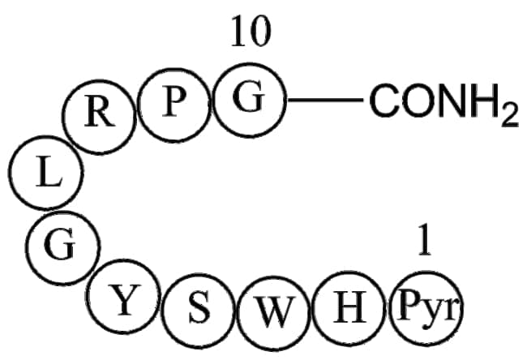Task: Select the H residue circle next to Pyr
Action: coord(349,309)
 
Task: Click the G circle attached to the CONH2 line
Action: coord(250,101)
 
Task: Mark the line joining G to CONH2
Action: coord(326,101)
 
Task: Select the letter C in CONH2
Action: coord(384,103)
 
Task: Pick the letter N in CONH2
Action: coord(448,103)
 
